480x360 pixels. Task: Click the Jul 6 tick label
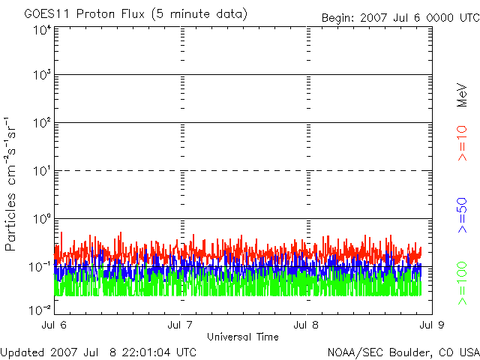55,325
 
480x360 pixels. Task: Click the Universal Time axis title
243,336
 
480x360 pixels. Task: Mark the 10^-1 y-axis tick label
40,265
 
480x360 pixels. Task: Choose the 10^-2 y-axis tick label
40,307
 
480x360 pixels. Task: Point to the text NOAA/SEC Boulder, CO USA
403,352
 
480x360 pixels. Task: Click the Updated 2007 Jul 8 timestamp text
99,352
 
